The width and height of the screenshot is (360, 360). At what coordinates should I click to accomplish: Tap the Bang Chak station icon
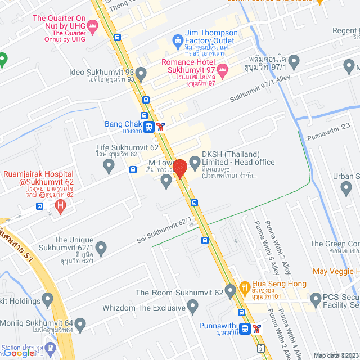point(148,127)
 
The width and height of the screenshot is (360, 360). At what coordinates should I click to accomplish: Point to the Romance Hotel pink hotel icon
point(222,70)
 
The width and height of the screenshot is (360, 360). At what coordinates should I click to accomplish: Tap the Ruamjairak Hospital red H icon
point(60,206)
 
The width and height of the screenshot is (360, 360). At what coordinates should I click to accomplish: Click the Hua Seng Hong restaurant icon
point(245,286)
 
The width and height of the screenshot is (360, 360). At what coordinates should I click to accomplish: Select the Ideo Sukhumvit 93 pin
point(141,73)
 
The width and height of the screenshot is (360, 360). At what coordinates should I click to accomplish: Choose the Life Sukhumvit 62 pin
point(109,165)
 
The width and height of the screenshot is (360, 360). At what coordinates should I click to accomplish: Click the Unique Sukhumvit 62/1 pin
point(101,247)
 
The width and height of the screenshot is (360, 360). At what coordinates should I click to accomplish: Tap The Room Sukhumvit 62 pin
point(231,291)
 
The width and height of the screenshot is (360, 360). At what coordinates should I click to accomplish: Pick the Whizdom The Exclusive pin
point(193,307)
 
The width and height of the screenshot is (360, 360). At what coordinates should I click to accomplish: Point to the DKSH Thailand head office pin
point(195,163)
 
